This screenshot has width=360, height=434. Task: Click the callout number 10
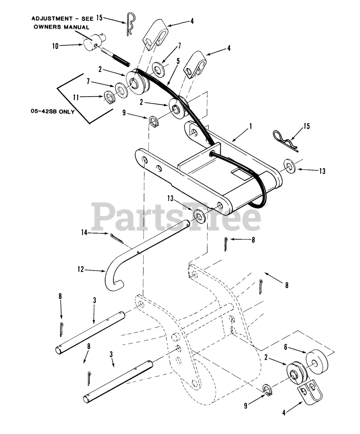coord(55,46)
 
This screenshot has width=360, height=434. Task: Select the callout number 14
coord(84,233)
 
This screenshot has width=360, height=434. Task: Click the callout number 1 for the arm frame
coord(251,126)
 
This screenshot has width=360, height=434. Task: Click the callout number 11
coord(76,97)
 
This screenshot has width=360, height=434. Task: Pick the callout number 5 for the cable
coord(178,62)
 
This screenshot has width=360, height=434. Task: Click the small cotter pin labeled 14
coord(116,238)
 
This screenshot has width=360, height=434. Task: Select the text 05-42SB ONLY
coord(52,112)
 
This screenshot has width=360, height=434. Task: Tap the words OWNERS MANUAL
coord(61,27)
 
